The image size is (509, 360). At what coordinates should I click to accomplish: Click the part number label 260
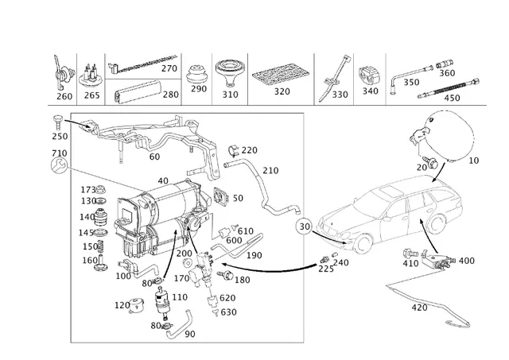(x=64, y=97)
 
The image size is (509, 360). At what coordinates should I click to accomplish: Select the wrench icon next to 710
(x=58, y=165)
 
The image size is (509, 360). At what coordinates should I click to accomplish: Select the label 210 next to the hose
(x=270, y=170)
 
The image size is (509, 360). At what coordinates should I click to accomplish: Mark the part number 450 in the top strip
(x=452, y=98)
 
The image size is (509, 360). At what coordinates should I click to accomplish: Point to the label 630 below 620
(x=228, y=312)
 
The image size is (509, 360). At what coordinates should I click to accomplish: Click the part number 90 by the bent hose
(x=189, y=334)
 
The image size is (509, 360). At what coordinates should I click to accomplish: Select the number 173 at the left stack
(x=88, y=189)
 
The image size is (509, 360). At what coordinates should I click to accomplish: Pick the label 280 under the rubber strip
(x=170, y=95)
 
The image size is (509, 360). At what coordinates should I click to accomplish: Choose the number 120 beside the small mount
(x=122, y=305)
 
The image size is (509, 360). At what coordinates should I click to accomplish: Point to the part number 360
(x=447, y=73)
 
